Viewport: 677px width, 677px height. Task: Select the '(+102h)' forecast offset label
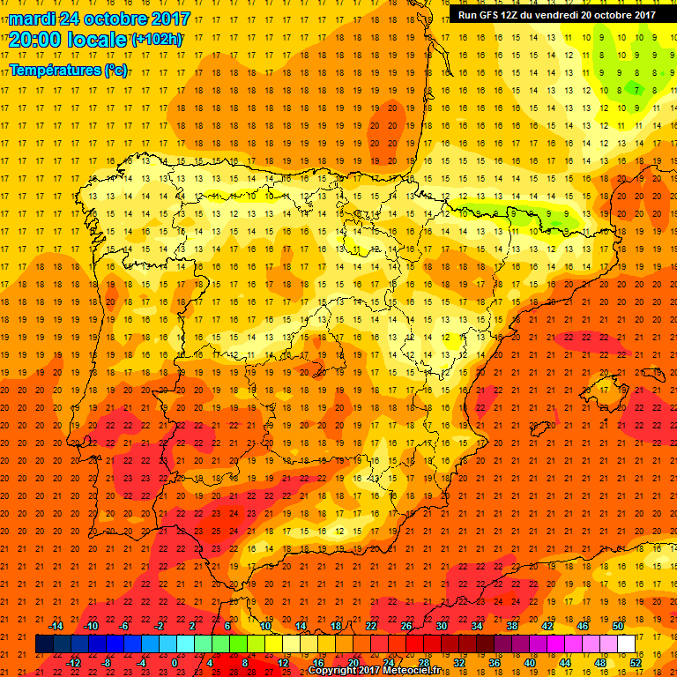(156, 40)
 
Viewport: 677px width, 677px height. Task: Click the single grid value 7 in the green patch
(636, 89)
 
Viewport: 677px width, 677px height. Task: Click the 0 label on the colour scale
(175, 663)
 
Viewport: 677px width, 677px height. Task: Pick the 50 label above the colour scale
(617, 625)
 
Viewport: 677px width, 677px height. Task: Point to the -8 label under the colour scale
(106, 663)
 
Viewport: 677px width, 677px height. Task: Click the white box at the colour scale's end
(627, 644)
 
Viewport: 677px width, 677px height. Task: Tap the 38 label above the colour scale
(511, 625)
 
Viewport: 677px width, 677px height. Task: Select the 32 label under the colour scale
(458, 663)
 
